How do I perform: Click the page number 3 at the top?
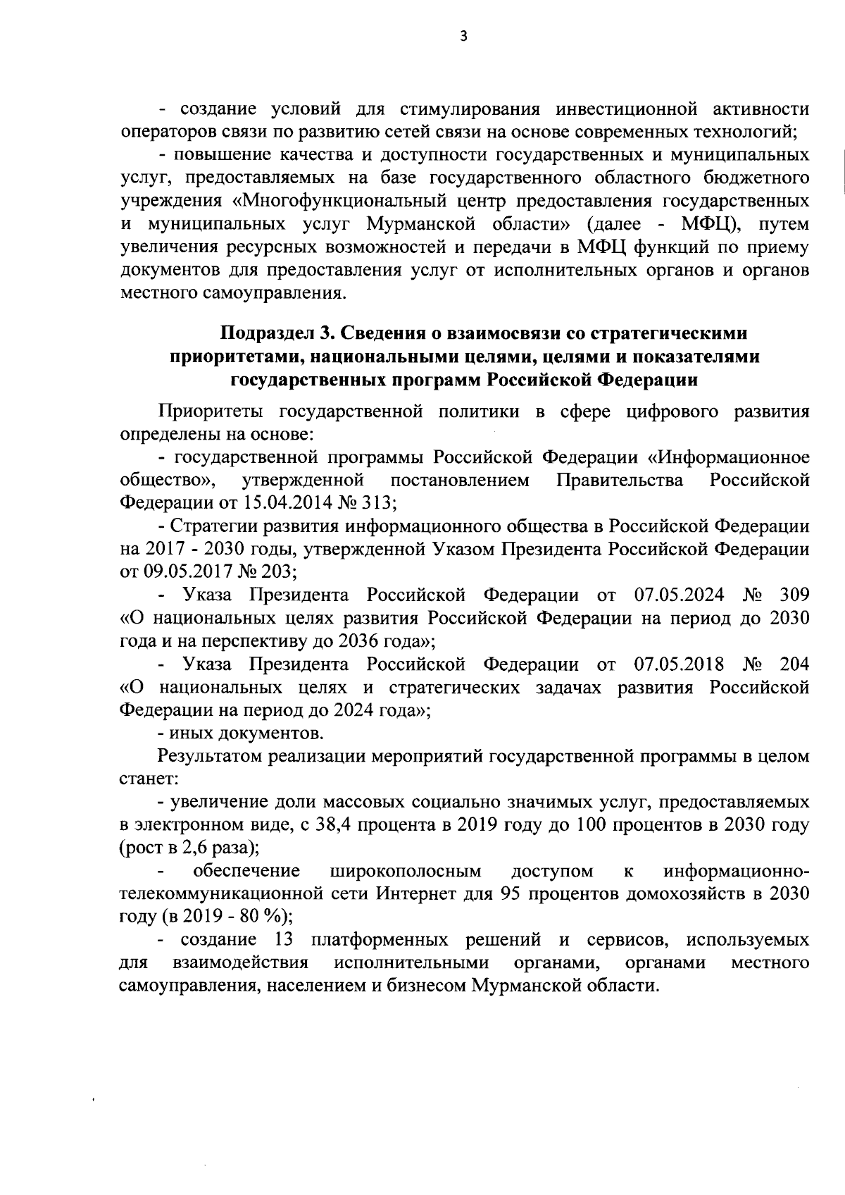[x=463, y=37]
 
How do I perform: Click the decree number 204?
[x=794, y=664]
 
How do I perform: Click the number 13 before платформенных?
[x=284, y=940]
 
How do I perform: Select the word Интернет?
[x=411, y=894]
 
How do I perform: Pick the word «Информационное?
[x=728, y=457]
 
